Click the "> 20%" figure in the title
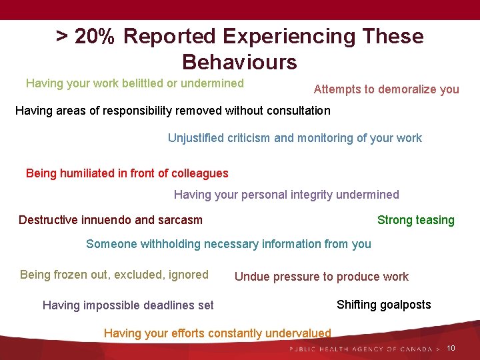click(86, 36)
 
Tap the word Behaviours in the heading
click(239, 62)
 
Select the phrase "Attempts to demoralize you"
click(386, 89)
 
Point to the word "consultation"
click(296, 110)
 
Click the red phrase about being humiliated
click(127, 173)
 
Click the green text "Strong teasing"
click(415, 220)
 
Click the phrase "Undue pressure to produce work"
click(321, 277)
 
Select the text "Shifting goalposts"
click(383, 305)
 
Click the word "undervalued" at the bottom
click(297, 333)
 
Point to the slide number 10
click(451, 349)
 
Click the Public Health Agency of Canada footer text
click(364, 349)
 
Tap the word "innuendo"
click(111, 220)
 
